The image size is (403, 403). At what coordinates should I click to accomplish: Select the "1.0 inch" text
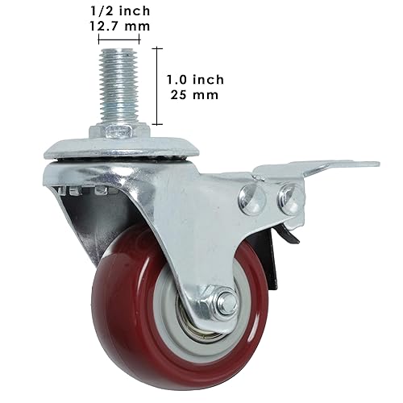pyautogui.click(x=195, y=79)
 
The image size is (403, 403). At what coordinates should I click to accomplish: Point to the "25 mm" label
pyautogui.click(x=195, y=94)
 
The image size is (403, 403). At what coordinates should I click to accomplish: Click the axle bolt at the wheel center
pyautogui.click(x=225, y=305)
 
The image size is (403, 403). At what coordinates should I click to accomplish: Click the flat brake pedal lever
pyautogui.click(x=339, y=166)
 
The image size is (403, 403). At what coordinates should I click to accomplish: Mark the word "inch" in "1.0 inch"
pyautogui.click(x=208, y=79)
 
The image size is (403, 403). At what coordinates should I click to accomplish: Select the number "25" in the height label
pyautogui.click(x=181, y=94)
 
